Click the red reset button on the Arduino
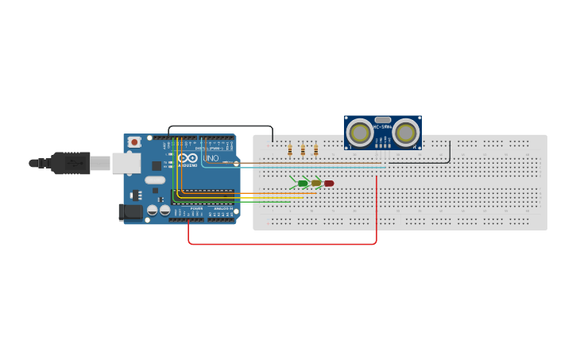click(134, 141)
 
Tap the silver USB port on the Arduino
click(126, 163)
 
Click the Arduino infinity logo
click(187, 158)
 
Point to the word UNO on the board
click(211, 158)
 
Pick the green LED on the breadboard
click(303, 184)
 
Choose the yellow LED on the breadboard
click(316, 184)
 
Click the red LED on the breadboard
click(329, 184)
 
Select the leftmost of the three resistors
click(290, 149)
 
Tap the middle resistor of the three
click(303, 149)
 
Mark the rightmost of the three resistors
click(315, 149)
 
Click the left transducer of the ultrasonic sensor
click(361, 132)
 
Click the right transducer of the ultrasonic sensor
click(405, 132)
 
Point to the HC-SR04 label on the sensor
click(383, 127)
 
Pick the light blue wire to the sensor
click(318, 168)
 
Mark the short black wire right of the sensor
click(450, 153)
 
